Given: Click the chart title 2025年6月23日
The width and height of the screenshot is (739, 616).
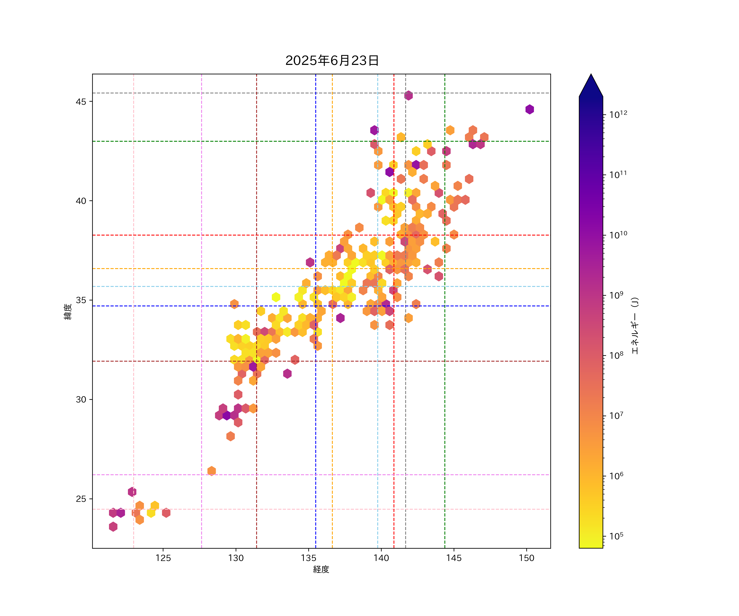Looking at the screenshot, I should [332, 61].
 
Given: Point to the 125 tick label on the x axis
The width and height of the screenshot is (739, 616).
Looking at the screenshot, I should [163, 558].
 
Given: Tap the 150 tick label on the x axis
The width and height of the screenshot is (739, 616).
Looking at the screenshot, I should [527, 558].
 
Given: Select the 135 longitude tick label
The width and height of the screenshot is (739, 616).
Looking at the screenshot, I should [309, 558].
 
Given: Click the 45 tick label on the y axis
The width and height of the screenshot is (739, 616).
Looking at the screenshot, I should [81, 102].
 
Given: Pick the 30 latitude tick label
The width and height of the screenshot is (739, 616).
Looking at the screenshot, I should [81, 400].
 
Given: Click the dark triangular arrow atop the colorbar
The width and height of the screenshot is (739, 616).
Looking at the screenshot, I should [591, 86].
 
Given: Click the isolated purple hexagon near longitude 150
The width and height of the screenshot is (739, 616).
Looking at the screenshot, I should [530, 109].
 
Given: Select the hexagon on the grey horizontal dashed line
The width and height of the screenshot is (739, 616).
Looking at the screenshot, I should [409, 95].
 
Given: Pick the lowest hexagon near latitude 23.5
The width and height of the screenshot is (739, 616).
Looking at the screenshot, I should [113, 527].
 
